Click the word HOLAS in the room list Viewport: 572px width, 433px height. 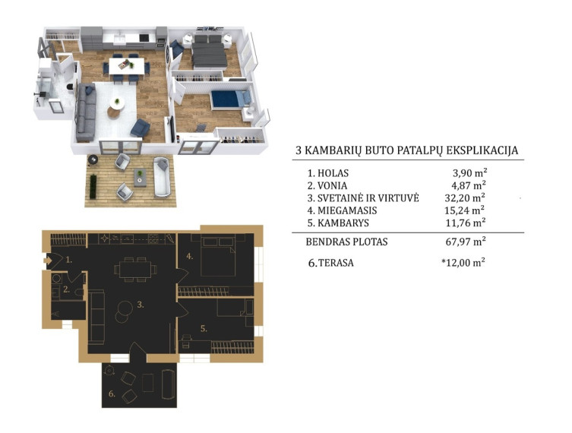333,173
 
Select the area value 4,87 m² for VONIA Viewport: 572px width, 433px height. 469,185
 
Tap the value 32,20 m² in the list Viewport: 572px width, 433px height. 465,198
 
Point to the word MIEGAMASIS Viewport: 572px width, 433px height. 347,210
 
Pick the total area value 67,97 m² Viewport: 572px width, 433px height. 466,242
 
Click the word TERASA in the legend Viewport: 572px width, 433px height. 336,263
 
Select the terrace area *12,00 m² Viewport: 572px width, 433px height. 463,262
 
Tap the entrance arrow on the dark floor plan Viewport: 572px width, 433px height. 48,261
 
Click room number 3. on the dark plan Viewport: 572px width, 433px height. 141,305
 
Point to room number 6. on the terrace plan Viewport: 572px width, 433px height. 112,394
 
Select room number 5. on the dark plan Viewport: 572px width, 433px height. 204,329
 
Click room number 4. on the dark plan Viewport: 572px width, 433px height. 189,257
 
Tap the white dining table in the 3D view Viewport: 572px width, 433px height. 126,66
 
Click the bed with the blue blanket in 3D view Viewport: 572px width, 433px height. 231,99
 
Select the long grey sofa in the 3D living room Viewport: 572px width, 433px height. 86,112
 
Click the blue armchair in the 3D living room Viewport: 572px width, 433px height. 140,128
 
